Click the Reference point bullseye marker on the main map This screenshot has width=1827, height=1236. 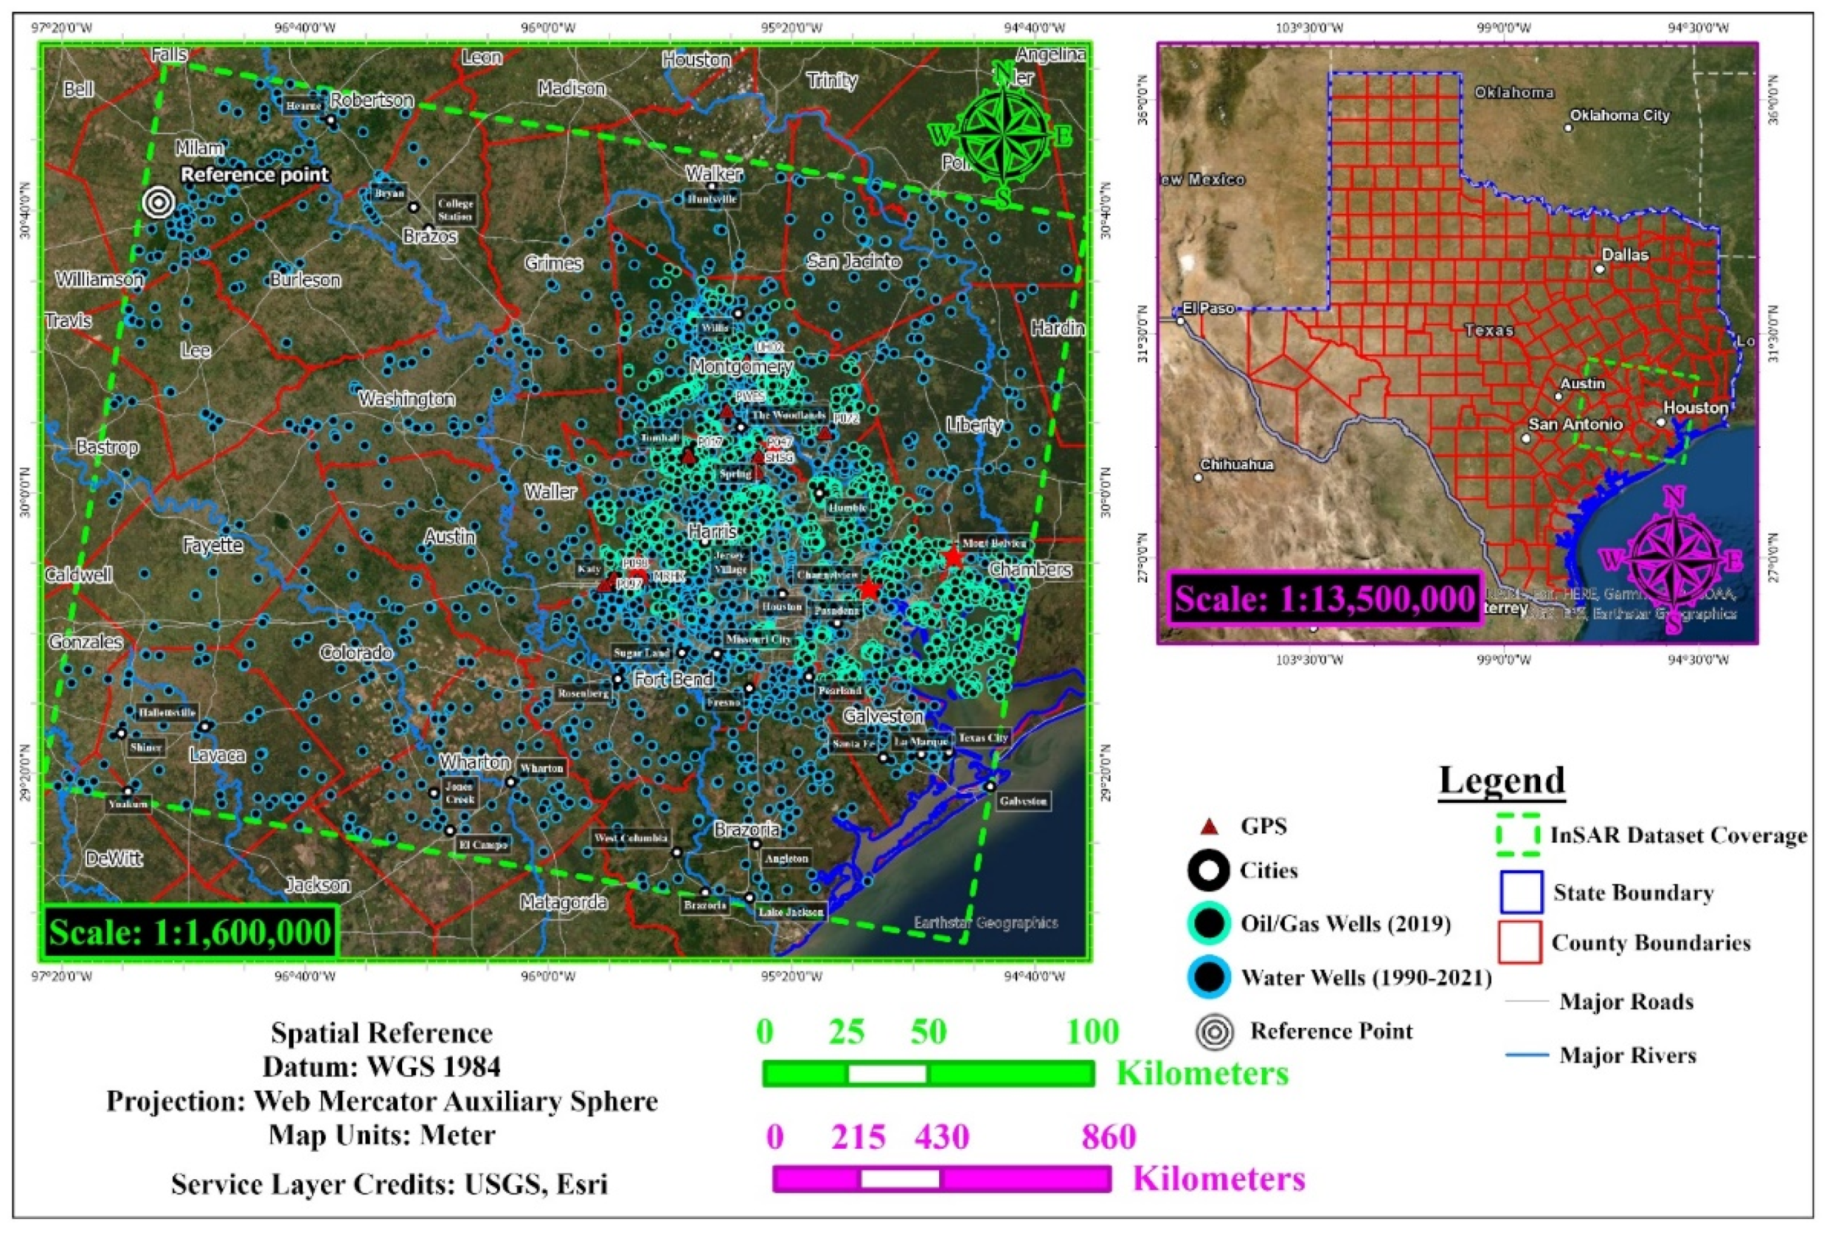coord(158,202)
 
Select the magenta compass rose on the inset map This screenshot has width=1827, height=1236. coord(1675,559)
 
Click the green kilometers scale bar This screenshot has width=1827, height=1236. coord(929,1074)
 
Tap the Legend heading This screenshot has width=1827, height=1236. coord(1502,780)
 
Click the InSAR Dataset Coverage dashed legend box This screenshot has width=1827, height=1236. coord(1518,836)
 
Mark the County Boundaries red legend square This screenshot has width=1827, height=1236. coord(1520,942)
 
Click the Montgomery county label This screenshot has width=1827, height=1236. coord(742,366)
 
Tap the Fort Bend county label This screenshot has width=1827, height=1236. coord(673,678)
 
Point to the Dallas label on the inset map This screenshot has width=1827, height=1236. coord(1625,255)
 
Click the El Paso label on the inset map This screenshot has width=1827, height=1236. coord(1208,308)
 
